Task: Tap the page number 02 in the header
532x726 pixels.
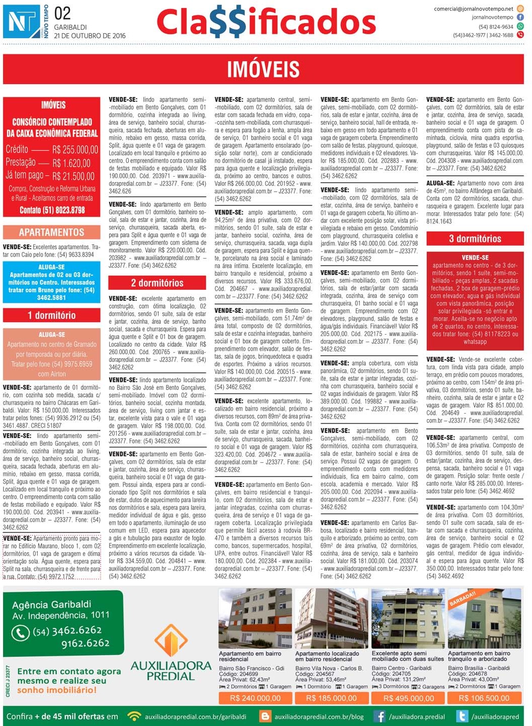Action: coord(62,14)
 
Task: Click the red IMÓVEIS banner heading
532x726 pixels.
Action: coord(263,69)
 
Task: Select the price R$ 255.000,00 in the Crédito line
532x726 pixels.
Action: coord(75,149)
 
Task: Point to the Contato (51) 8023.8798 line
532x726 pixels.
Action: coord(52,210)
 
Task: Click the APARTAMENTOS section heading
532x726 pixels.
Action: coord(52,232)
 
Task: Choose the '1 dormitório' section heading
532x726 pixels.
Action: coord(52,315)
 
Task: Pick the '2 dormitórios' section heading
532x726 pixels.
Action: coord(157,283)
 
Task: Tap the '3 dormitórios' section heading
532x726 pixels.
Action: coord(475,238)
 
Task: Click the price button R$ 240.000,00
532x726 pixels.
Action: coord(255,698)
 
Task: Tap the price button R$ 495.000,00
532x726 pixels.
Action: coord(408,698)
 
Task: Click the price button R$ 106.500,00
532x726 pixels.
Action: coord(485,698)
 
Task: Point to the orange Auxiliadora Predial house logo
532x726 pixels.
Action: coord(171,640)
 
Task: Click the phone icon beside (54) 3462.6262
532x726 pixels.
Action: coord(21,632)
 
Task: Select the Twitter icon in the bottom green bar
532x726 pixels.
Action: coord(462,716)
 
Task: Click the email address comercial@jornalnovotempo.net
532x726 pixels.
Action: coord(474,9)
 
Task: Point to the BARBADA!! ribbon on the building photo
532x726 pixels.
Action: coord(462,599)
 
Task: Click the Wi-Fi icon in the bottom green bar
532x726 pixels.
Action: coord(134,716)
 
